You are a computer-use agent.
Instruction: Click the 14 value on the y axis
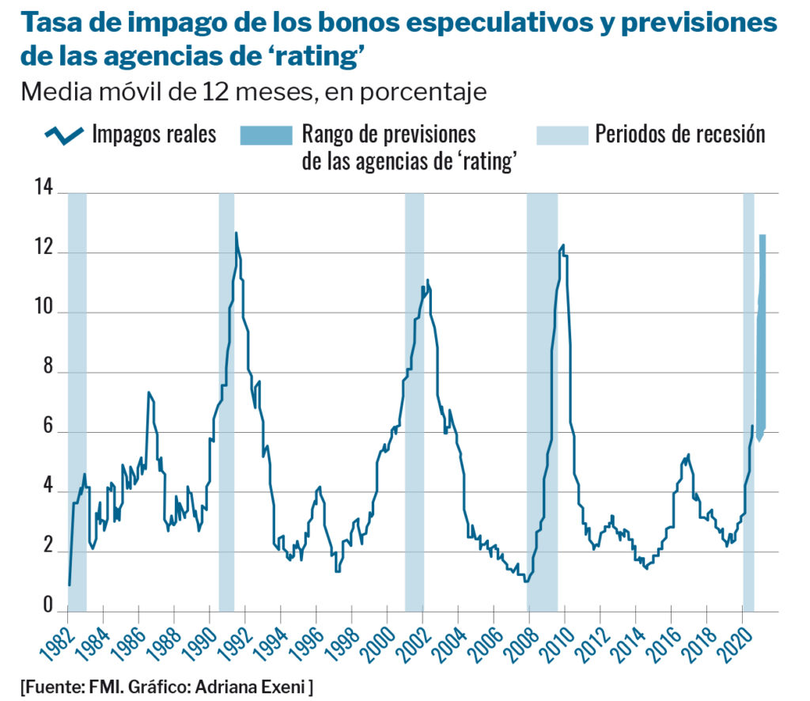pos(44,190)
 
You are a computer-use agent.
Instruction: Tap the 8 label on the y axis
pos(48,369)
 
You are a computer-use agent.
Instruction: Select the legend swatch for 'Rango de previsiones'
pos(266,135)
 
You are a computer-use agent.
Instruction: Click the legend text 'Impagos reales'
pos(153,134)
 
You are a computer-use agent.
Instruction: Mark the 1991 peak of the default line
pos(236,233)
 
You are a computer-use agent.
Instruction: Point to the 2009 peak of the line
pos(562,245)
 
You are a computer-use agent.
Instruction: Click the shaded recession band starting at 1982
pos(77,396)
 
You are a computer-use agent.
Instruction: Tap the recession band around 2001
pos(414,396)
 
